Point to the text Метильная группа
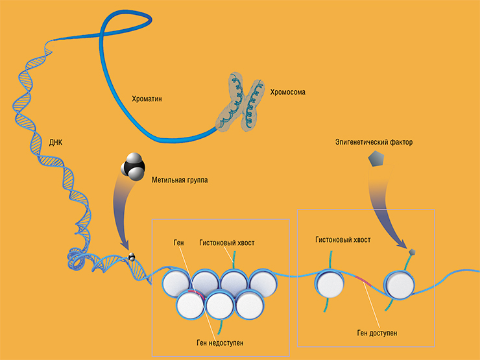point(180,180)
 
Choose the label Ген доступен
point(377,331)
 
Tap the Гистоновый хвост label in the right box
point(342,239)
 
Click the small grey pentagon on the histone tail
point(411,251)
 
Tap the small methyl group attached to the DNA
point(132,257)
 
